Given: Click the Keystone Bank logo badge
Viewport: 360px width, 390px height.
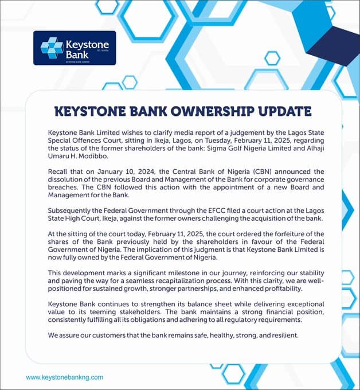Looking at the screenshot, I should (75, 47).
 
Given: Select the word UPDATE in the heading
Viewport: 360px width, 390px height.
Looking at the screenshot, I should (283, 111).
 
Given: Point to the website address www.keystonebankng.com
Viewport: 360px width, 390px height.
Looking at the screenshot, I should (65, 377).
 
